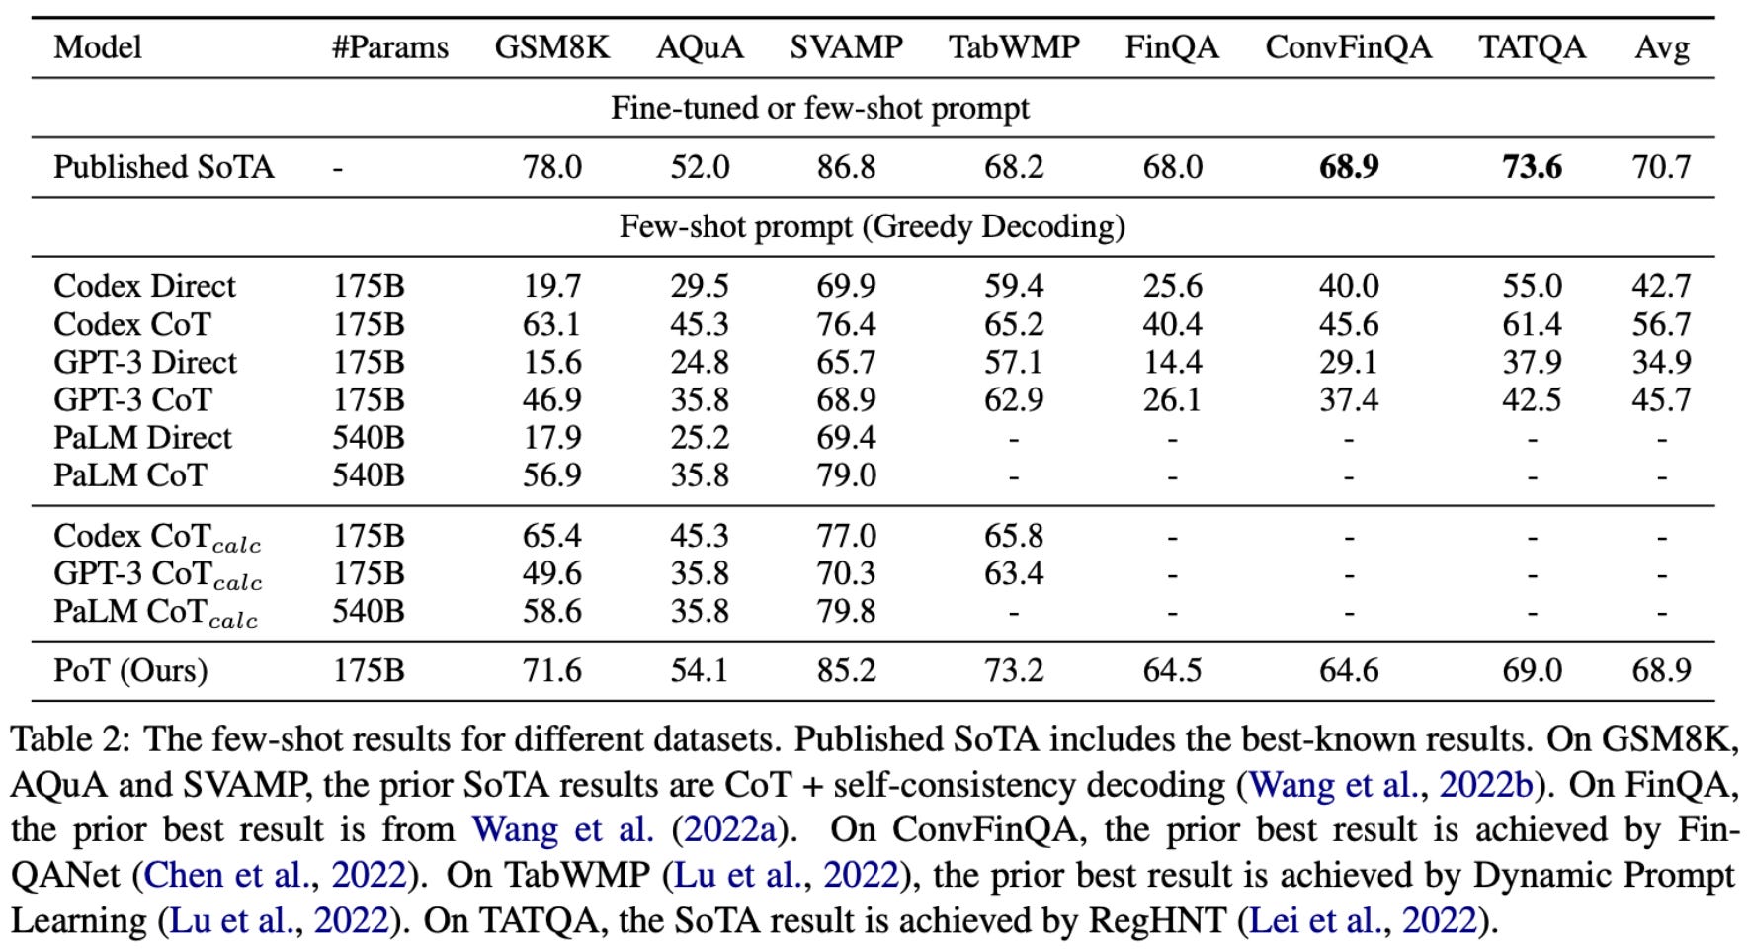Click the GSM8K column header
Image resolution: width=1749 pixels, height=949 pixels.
[x=551, y=47]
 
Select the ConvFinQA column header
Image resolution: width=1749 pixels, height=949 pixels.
[x=1348, y=47]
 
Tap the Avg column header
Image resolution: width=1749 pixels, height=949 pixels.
[x=1661, y=47]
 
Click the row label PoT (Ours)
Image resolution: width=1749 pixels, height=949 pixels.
[x=130, y=671]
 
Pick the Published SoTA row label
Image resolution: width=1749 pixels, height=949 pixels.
[x=163, y=167]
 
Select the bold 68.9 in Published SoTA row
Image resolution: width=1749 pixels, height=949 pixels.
[x=1348, y=167]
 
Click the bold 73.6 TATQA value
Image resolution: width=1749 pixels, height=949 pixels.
[x=1532, y=167]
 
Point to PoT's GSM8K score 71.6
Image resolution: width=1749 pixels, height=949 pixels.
[x=551, y=671]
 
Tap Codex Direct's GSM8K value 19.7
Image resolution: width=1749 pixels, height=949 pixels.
[x=551, y=286]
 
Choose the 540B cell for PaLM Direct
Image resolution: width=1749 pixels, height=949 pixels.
[x=368, y=438]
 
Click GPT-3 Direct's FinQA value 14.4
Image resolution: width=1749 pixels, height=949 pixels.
[x=1172, y=363]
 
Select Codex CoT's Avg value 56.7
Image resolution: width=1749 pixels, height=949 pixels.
[x=1661, y=324]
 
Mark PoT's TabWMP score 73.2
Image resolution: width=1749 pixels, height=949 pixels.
[x=1013, y=671]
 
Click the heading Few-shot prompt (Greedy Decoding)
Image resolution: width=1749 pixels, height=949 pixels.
[x=872, y=227]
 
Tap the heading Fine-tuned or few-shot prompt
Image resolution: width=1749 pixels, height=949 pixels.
[x=819, y=108]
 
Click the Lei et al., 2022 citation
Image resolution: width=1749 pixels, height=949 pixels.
[x=1363, y=921]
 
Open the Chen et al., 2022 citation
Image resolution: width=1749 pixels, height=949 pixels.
[x=275, y=876]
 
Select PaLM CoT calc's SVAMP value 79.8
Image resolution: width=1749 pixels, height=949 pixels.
[x=846, y=612]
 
